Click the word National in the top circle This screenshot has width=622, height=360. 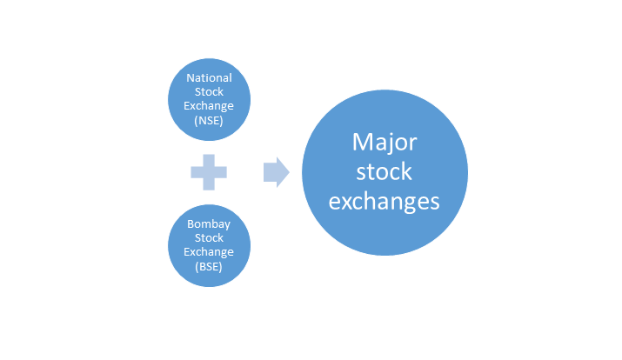209,77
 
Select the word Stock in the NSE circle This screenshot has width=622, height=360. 209,92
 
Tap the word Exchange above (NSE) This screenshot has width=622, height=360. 209,106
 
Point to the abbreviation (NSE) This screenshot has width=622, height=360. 209,120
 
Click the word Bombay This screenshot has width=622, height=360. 209,224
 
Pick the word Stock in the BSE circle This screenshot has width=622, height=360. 209,238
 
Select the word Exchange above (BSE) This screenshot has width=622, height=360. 209,252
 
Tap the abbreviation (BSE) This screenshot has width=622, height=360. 209,266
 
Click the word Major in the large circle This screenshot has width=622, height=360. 385,143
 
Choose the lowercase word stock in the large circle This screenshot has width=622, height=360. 384,171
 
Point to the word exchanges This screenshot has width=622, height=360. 384,202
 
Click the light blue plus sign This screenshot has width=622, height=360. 209,172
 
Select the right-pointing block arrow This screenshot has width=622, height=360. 277,172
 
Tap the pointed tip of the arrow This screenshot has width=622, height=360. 290,172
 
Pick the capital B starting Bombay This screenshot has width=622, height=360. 190,224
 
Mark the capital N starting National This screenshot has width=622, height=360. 190,78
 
